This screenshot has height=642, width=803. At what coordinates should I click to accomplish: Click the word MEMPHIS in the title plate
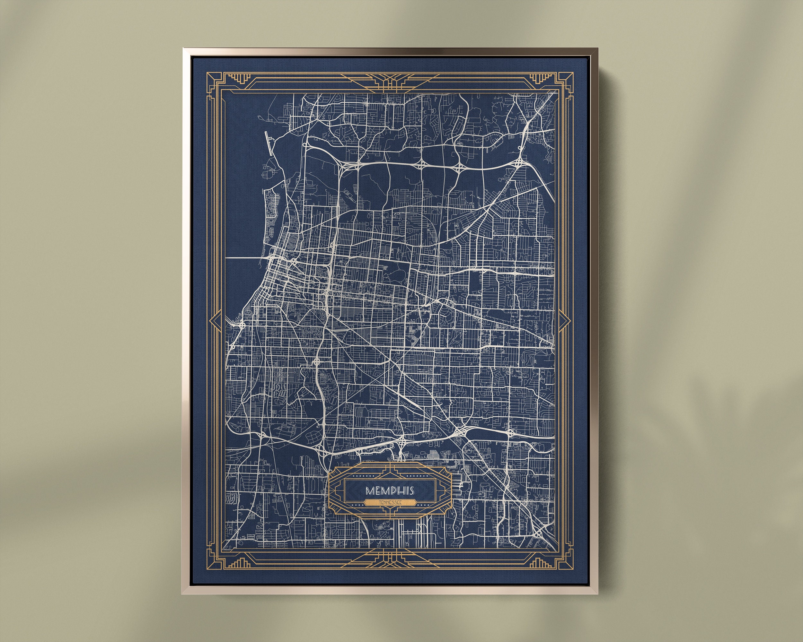(390, 490)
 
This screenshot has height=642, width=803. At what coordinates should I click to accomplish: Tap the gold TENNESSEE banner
(390, 503)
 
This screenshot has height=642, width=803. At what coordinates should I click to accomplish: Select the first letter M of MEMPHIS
(369, 490)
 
